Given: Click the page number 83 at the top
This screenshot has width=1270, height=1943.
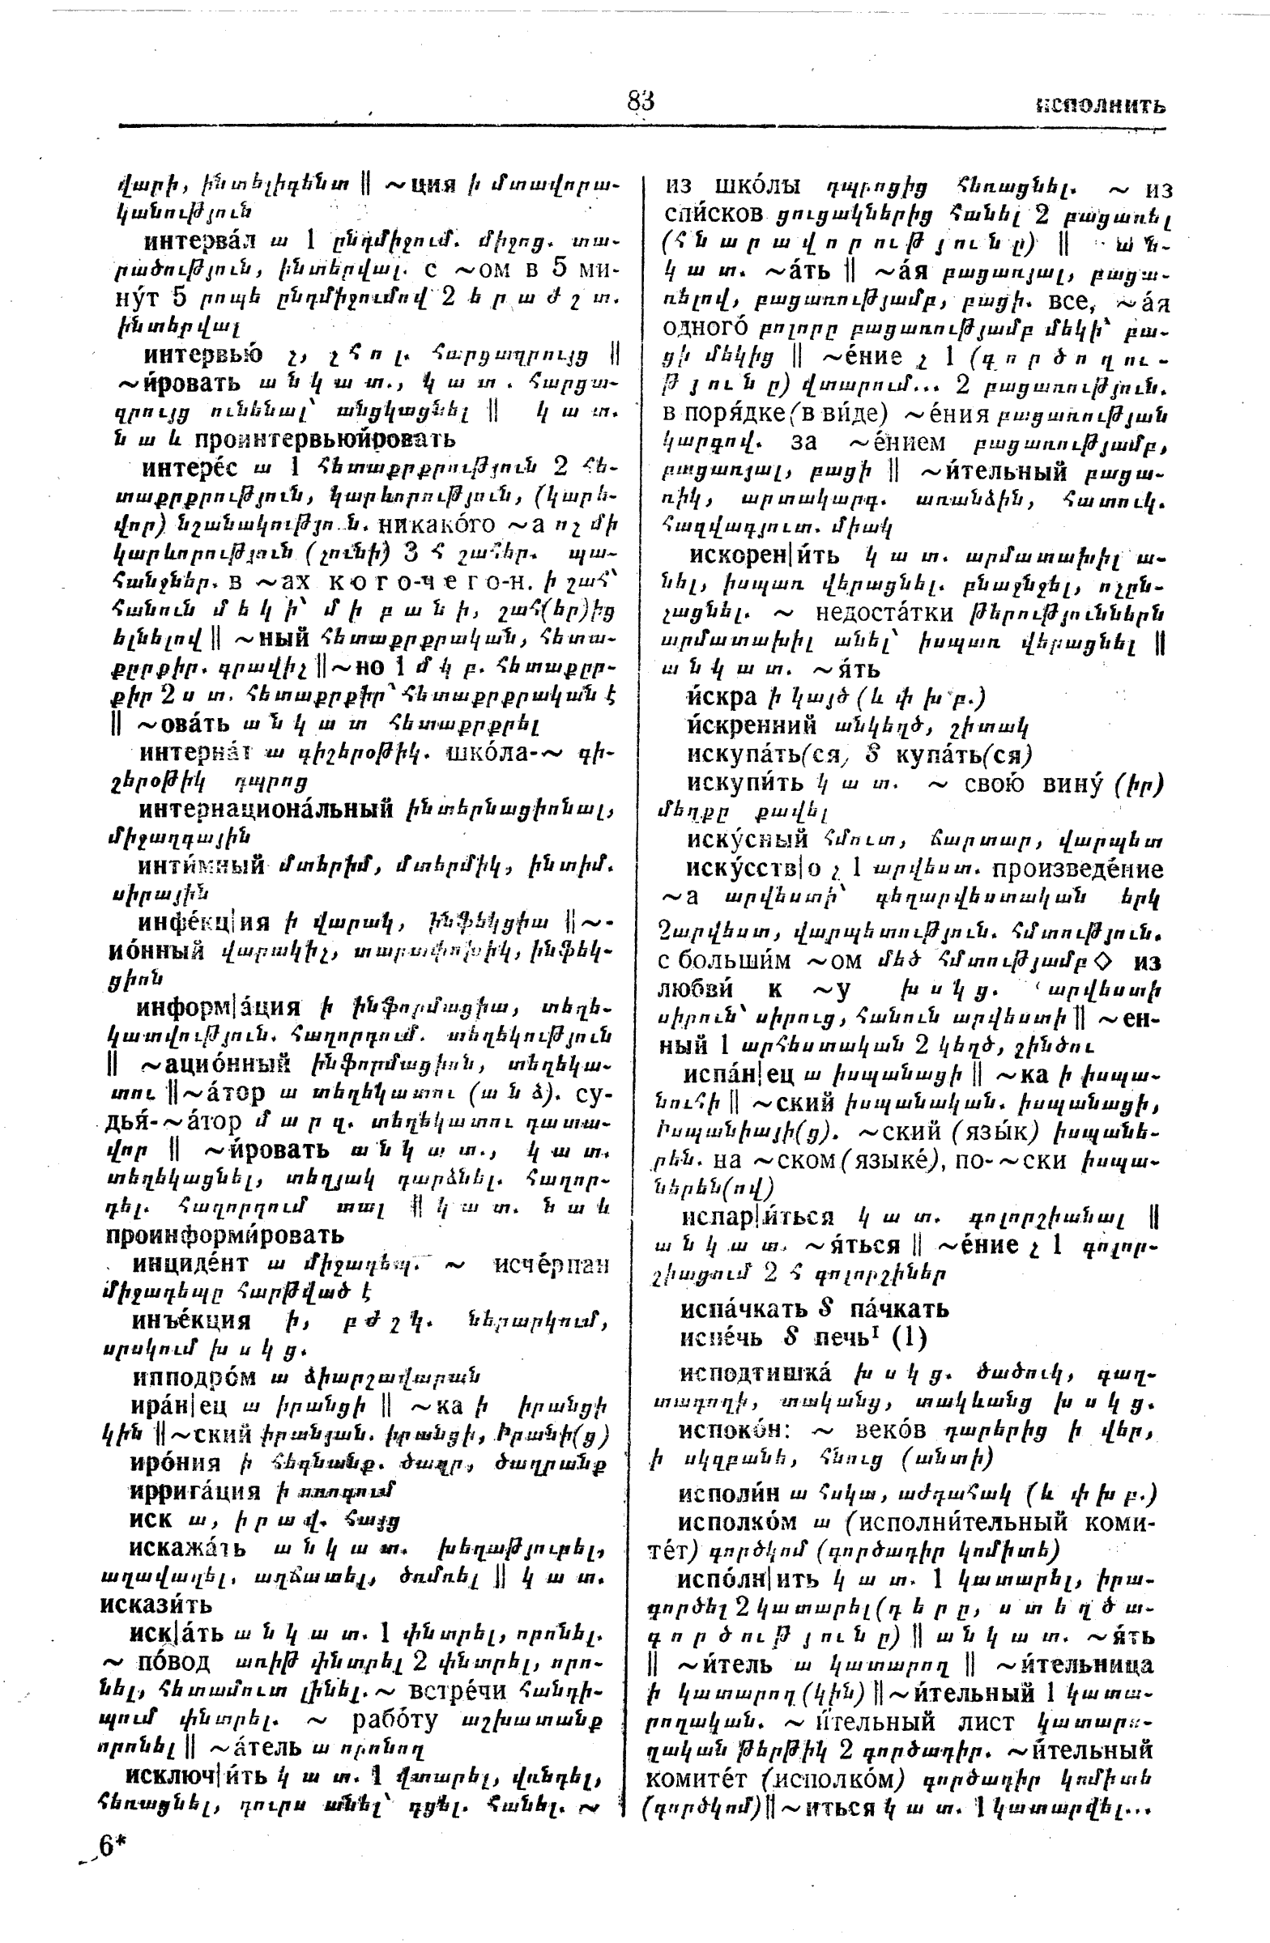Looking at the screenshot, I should [x=641, y=101].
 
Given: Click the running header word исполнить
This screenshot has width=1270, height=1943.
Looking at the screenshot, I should [x=1100, y=106].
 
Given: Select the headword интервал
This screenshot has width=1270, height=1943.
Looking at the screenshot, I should [x=198, y=241].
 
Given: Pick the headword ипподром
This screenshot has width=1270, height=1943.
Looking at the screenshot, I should [x=194, y=1378].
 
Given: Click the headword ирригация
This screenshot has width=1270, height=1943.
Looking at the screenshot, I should [x=195, y=1490].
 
